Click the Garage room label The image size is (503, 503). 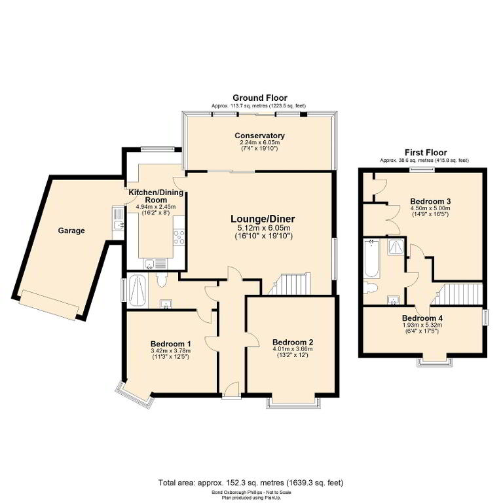(x=71, y=231)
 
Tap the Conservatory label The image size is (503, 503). (x=259, y=136)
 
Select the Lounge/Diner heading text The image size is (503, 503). (x=263, y=219)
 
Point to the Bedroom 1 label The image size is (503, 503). (x=170, y=344)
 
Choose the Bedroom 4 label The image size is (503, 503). (x=422, y=318)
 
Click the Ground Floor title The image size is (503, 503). (x=260, y=98)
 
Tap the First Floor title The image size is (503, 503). (x=426, y=153)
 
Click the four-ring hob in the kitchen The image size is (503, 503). (x=179, y=236)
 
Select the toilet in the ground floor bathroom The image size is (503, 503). (x=161, y=280)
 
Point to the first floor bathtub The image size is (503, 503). (x=371, y=258)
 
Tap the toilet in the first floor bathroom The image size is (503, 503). (x=371, y=288)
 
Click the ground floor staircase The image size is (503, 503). (x=290, y=284)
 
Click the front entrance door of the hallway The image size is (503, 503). (x=232, y=391)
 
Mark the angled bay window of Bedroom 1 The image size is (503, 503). (x=134, y=396)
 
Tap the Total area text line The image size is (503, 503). (x=251, y=483)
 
